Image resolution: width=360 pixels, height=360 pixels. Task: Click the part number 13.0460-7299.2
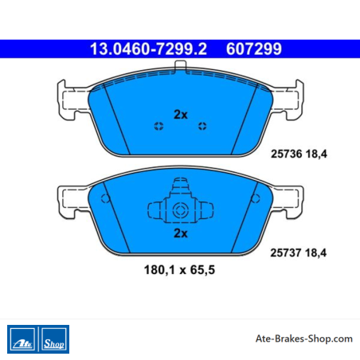click(x=148, y=49)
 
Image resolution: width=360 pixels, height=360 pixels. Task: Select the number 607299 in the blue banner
click(x=254, y=49)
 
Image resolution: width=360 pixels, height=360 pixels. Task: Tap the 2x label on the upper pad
click(x=181, y=115)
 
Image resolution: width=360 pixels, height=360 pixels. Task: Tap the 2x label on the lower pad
click(x=181, y=233)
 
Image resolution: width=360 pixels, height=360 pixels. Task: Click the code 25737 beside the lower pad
click(x=286, y=252)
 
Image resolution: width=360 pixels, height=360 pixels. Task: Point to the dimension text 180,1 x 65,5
click(x=179, y=270)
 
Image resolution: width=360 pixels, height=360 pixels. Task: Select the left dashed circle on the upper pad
click(x=158, y=126)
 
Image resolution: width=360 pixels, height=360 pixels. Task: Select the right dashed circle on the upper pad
click(x=202, y=126)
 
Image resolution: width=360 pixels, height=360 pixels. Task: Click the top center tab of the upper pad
click(x=180, y=66)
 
